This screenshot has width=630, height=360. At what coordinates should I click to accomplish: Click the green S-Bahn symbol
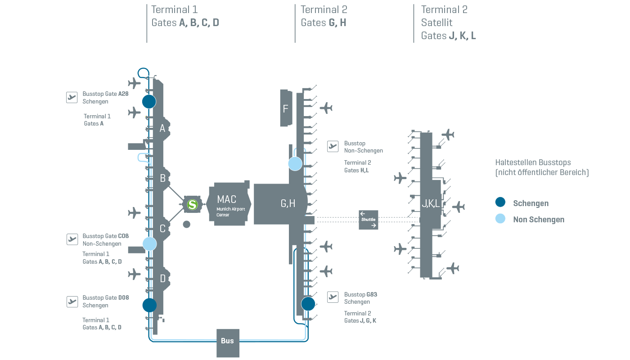pos(193,204)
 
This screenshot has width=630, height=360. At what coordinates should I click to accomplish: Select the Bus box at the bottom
pos(228,341)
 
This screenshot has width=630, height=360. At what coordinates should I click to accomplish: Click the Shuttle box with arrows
pos(368,220)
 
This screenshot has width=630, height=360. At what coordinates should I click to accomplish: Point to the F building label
pos(285,108)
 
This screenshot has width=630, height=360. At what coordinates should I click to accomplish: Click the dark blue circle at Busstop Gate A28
pos(149,101)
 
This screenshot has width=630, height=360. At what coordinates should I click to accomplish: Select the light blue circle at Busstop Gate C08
pos(149,244)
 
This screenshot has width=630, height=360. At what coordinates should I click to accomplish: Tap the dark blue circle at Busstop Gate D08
pos(149,305)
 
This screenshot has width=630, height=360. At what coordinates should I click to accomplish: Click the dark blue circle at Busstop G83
pos(308,304)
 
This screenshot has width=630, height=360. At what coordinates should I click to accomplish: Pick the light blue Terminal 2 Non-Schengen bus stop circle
pos(295,164)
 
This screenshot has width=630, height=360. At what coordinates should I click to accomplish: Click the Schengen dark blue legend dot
pos(500,202)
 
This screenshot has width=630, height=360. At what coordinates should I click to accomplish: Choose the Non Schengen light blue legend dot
pos(500,219)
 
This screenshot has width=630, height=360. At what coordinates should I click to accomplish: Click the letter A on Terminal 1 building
pos(162,129)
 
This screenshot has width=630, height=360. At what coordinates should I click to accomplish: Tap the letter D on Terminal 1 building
pos(162,279)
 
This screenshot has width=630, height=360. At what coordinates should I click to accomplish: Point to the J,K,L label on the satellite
pos(431,204)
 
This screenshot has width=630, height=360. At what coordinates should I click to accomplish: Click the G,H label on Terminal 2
pos(288,203)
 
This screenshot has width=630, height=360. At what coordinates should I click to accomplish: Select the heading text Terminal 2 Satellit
pos(444,16)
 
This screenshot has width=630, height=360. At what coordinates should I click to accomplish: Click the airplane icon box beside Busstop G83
pos(333,297)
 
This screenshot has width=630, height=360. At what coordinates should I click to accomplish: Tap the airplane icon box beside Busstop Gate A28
pos(72,97)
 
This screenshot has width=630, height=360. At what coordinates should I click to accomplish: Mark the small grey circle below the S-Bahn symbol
pos(186,224)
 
